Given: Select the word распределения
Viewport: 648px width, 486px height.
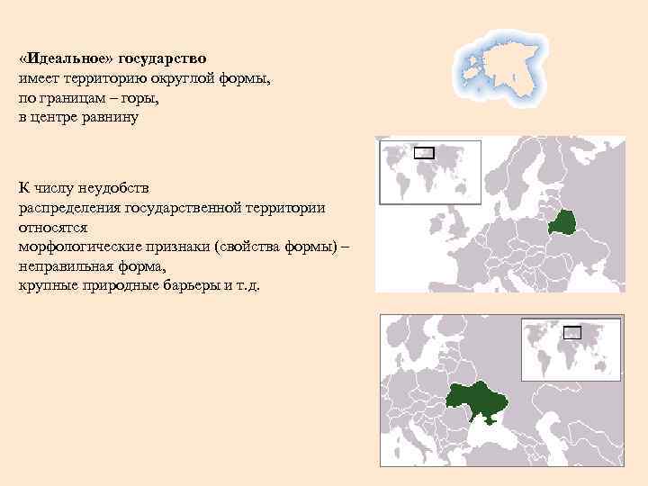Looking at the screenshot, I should (x=68, y=208).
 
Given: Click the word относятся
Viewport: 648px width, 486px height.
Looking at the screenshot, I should (x=52, y=228).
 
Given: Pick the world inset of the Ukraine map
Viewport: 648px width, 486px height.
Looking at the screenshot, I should (x=572, y=351).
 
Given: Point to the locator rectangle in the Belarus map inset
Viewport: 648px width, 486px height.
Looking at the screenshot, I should (x=424, y=153).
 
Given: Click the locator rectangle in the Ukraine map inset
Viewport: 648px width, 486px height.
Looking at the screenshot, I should (x=572, y=332).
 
